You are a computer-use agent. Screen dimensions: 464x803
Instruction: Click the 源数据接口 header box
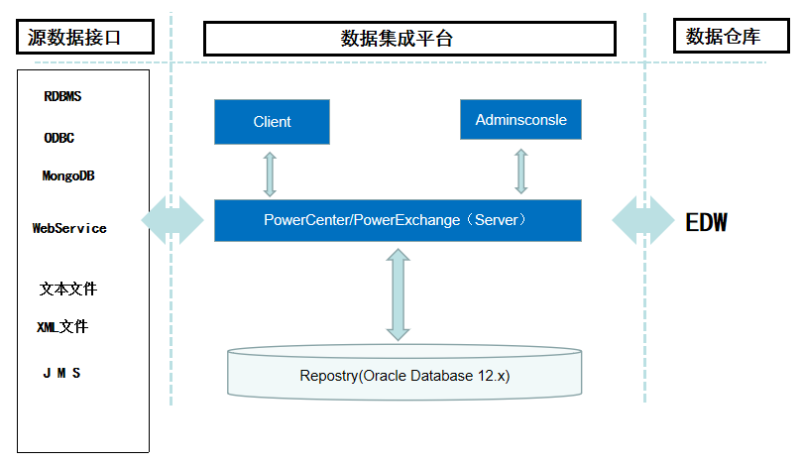(x=85, y=38)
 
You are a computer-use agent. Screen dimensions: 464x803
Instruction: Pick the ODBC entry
(x=59, y=138)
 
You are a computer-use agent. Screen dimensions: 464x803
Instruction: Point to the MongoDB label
(x=68, y=176)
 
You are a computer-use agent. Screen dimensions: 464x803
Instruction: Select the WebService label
(x=69, y=228)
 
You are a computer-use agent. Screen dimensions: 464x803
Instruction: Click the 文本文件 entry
(x=68, y=290)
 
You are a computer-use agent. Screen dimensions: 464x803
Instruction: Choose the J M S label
(x=61, y=374)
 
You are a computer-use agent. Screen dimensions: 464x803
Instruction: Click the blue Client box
(x=272, y=121)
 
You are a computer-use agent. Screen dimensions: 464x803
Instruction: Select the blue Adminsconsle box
(x=520, y=120)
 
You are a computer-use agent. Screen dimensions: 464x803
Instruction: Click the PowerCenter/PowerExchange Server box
(x=398, y=220)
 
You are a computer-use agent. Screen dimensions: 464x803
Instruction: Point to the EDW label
(x=707, y=222)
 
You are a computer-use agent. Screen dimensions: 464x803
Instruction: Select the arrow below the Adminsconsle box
(x=520, y=171)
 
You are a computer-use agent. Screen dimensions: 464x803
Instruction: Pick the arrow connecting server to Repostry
(x=399, y=294)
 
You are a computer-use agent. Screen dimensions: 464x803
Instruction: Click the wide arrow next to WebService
(x=173, y=220)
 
